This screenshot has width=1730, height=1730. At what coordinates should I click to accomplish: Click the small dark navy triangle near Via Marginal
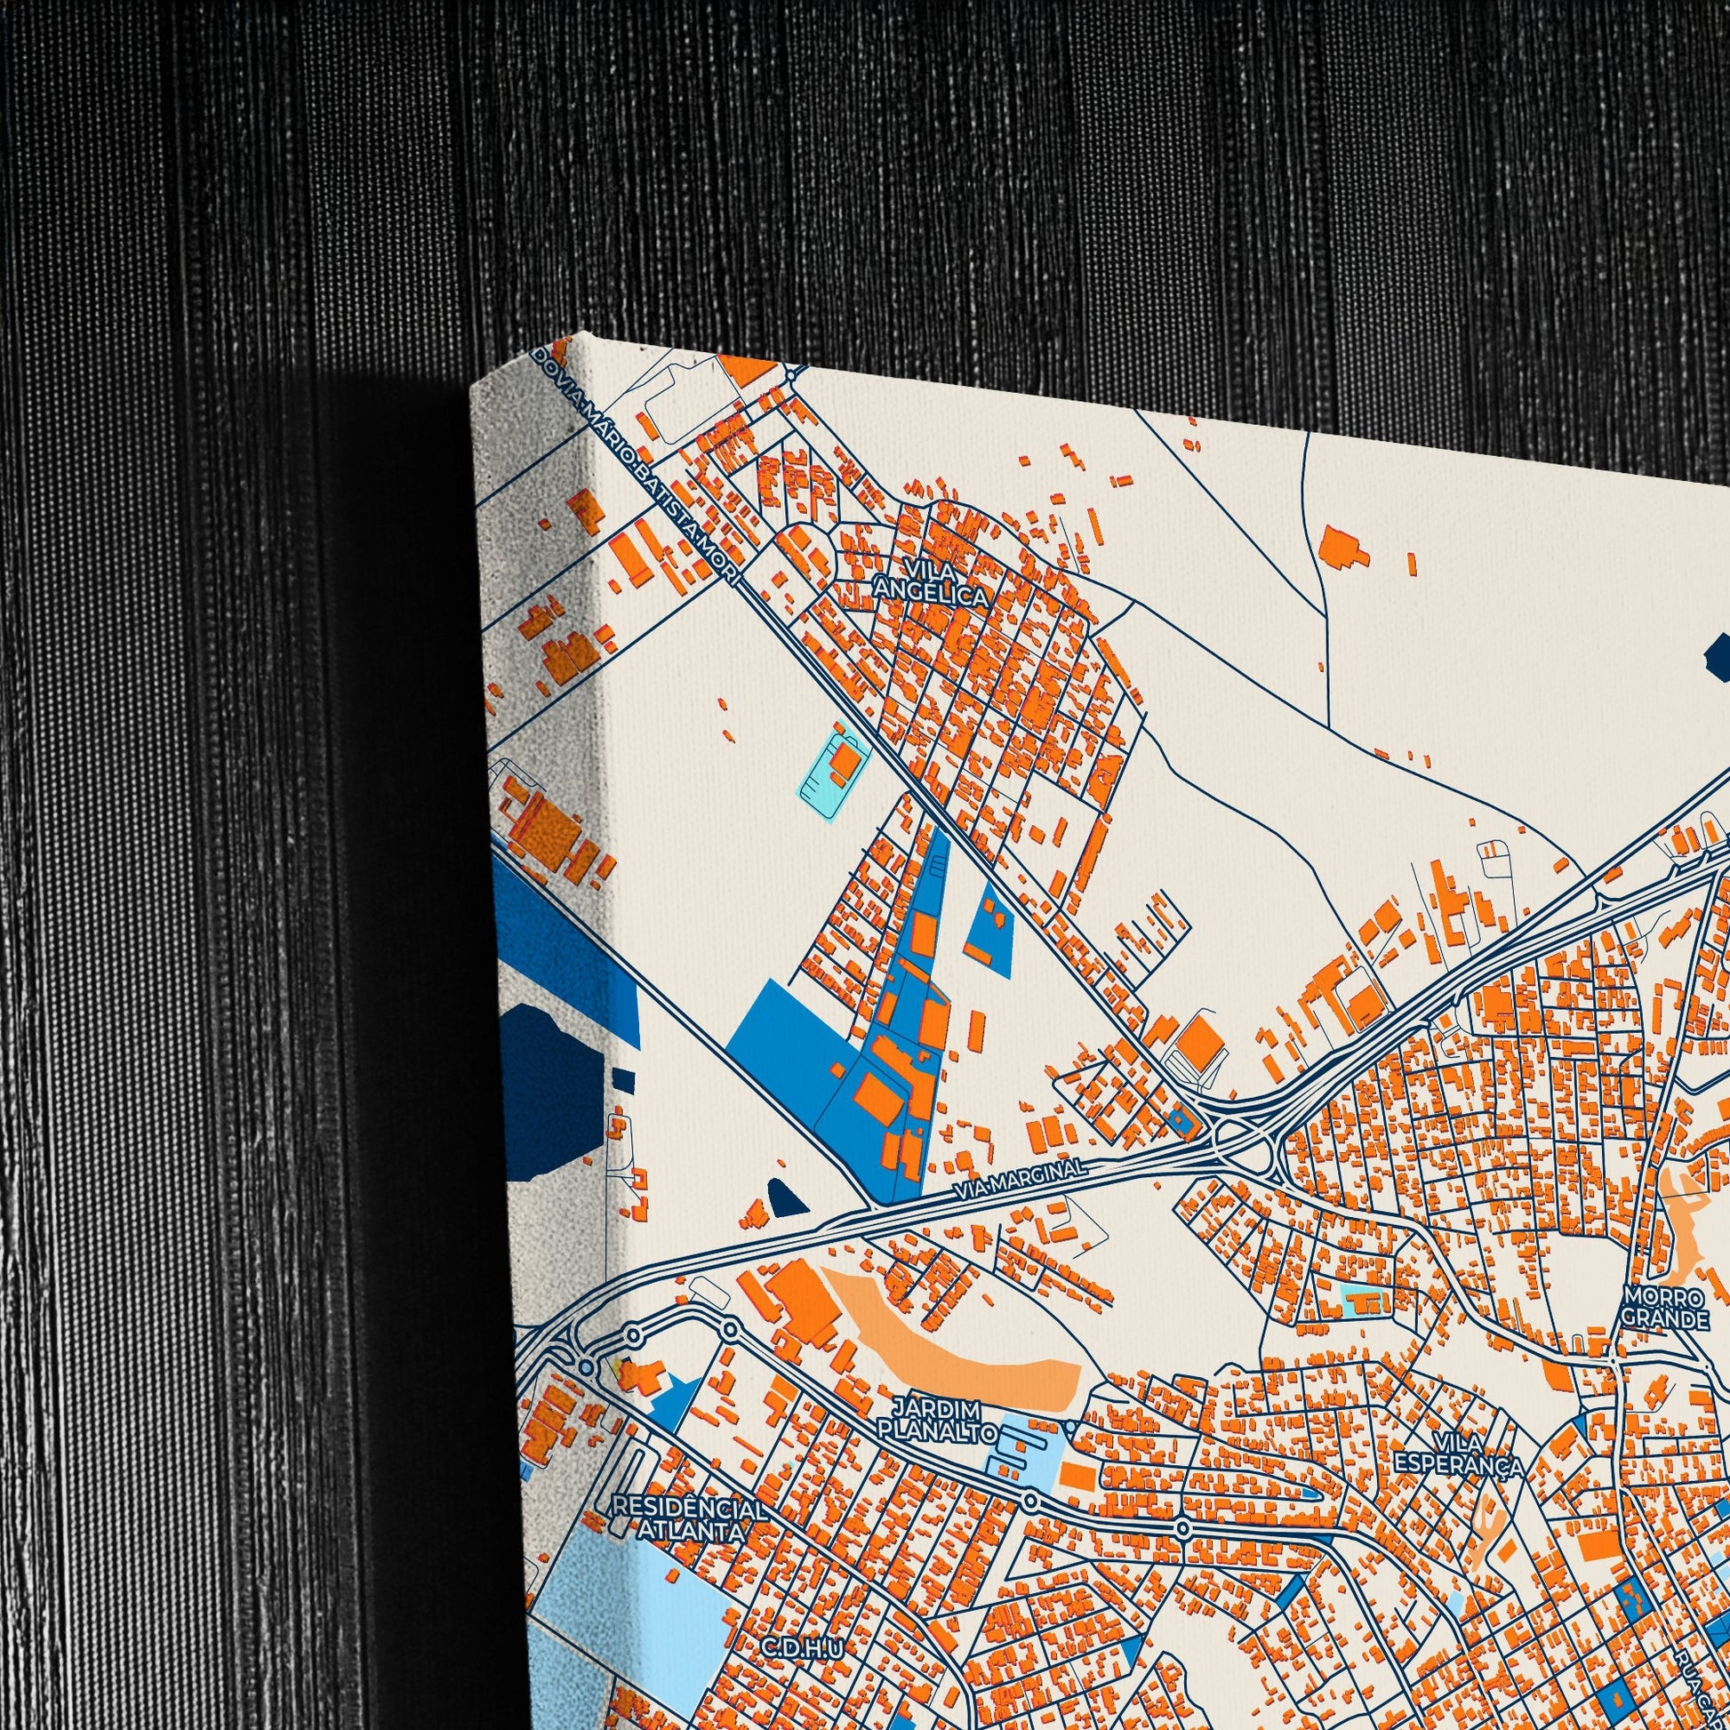coord(787,1199)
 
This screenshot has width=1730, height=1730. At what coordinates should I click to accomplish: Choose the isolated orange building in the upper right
coord(1341,547)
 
